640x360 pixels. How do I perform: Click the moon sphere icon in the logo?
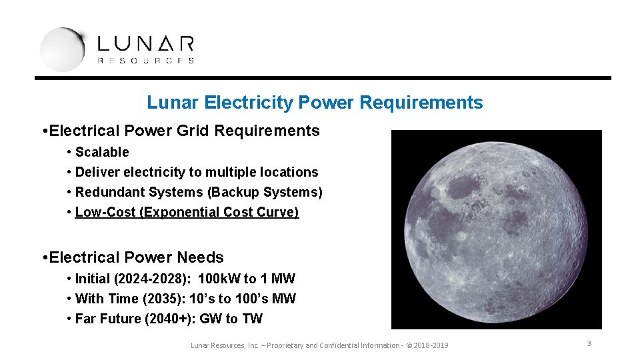coord(62,49)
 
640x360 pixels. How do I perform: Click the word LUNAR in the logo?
coord(146,45)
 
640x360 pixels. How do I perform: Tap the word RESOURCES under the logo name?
coord(146,61)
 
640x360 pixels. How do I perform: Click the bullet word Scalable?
coord(102,152)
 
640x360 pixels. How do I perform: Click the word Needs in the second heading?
coord(201,257)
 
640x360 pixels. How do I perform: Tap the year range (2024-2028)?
coord(153,279)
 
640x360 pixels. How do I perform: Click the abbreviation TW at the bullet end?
coord(253,319)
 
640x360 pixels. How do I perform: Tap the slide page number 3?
coord(589,343)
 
